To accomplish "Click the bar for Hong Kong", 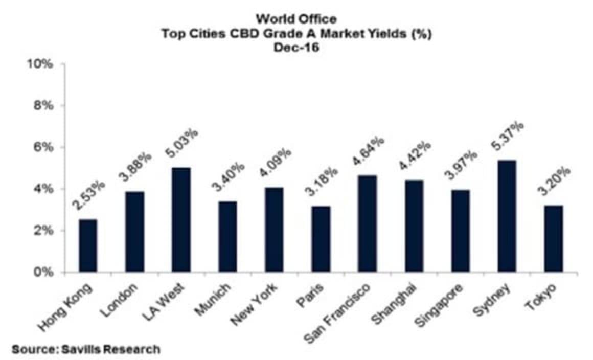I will [87, 245].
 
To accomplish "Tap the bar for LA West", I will [181, 219].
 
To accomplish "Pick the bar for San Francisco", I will [367, 223].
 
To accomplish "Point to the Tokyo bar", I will [553, 238].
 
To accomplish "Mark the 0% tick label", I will [44, 272].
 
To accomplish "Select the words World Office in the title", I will [296, 19].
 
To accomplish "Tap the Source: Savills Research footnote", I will [86, 350].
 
